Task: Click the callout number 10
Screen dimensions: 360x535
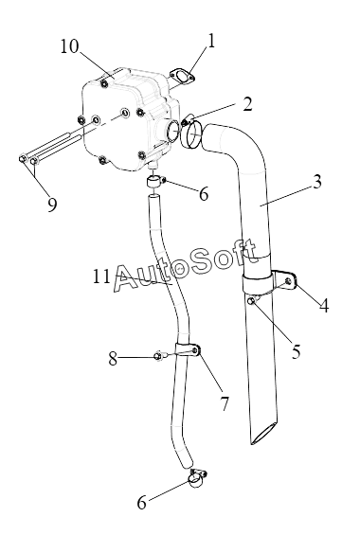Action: tap(69, 46)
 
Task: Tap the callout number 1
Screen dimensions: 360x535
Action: tap(211, 41)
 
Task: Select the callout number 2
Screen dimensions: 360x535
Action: tap(247, 104)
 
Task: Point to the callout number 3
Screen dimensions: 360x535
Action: tap(317, 182)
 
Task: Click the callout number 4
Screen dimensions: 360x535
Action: tap(324, 305)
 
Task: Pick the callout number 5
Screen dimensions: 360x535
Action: tap(297, 351)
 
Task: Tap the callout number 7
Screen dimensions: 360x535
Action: tap(225, 404)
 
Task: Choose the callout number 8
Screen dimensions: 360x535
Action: tap(113, 359)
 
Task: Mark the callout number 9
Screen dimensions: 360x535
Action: tap(52, 205)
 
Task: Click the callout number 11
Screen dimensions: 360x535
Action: tap(101, 276)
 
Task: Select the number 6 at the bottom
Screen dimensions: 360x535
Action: tap(141, 503)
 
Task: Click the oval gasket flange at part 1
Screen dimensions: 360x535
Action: tap(182, 77)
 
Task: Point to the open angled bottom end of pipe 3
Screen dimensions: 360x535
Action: tap(263, 434)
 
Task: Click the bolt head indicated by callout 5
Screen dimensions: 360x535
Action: tap(251, 300)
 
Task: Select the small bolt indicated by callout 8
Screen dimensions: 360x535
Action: tap(159, 355)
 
